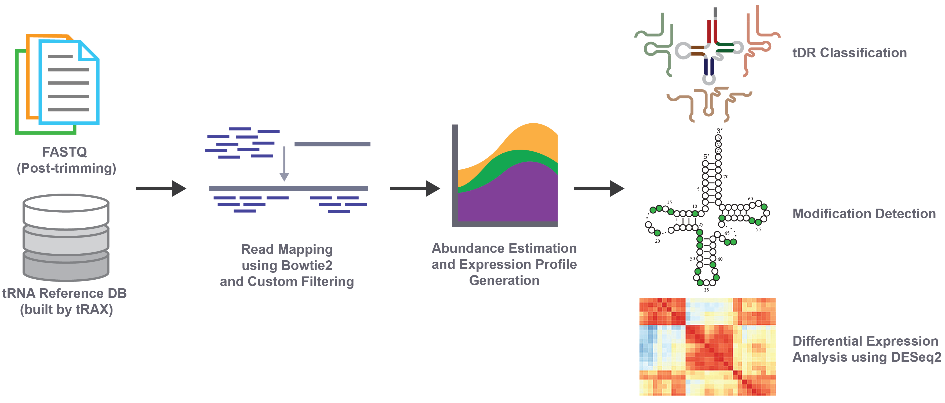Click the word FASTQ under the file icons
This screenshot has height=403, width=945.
(x=64, y=152)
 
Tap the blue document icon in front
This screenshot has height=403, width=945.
(x=69, y=82)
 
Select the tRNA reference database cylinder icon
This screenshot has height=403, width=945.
(x=66, y=237)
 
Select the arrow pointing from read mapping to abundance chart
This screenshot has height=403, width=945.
(x=415, y=188)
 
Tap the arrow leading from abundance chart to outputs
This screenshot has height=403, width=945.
(x=599, y=188)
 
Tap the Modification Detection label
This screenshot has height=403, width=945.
(x=864, y=214)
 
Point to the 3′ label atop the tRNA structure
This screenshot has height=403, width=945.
(x=719, y=131)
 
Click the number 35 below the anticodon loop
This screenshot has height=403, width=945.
(x=706, y=290)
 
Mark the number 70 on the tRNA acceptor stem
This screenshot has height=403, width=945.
(x=726, y=177)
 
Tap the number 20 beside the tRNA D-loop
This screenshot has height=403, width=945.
(x=657, y=241)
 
